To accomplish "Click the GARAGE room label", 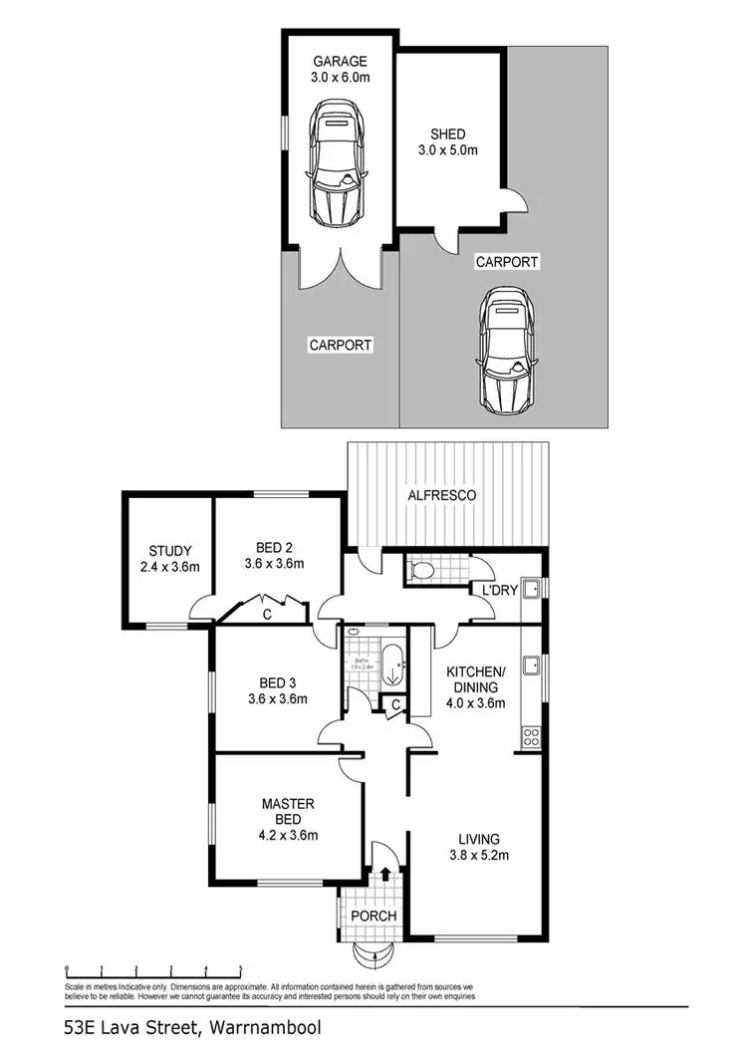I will pyautogui.click(x=339, y=59).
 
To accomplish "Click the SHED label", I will pyautogui.click(x=447, y=134).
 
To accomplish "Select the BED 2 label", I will pyautogui.click(x=271, y=547).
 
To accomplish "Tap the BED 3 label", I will pyautogui.click(x=271, y=683).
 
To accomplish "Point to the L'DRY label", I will pyautogui.click(x=499, y=591).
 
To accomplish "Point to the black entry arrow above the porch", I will pyautogui.click(x=386, y=875).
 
